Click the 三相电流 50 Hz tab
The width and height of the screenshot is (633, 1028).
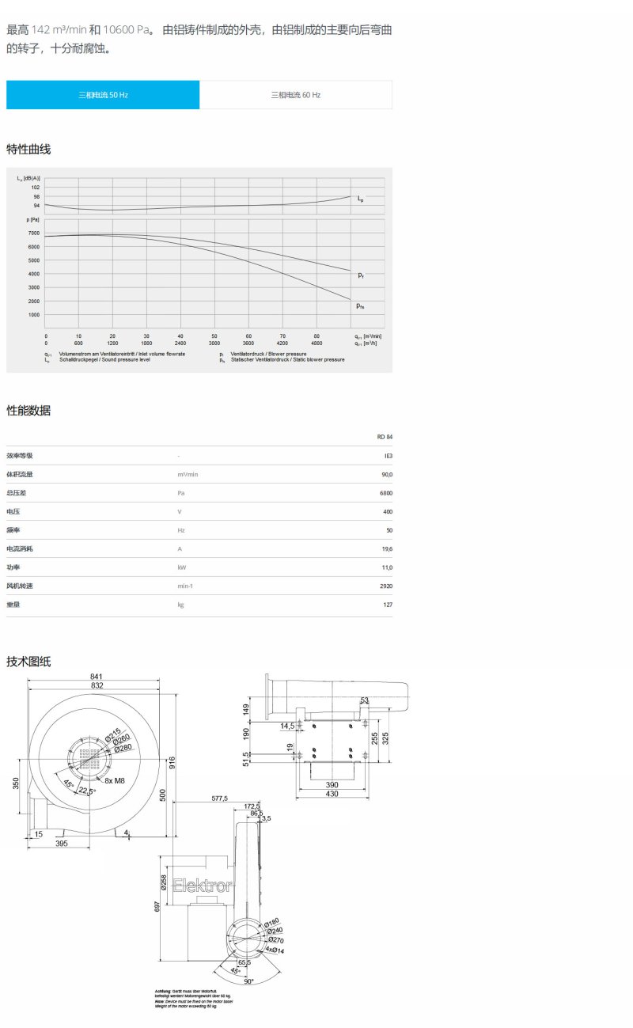coord(103,95)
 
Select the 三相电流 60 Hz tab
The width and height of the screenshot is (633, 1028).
coord(296,95)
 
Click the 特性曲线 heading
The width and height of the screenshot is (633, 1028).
coord(28,150)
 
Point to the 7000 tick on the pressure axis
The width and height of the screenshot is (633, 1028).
coord(33,233)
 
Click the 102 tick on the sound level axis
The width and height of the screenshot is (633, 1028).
coord(35,187)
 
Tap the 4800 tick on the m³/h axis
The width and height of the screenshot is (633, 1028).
coord(316,343)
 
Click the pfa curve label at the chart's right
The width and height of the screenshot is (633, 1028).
coord(360,305)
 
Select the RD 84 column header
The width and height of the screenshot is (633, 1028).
coord(385,437)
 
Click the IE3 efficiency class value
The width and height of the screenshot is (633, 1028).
coord(387,456)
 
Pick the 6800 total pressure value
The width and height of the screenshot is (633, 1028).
coord(385,493)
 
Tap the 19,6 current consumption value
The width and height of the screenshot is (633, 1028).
coord(386,548)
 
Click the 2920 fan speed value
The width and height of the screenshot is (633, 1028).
coord(385,586)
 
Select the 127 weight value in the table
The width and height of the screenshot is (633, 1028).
coord(387,605)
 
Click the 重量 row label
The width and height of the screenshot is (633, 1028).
coord(15,605)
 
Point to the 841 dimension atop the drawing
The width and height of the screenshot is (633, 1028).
coord(97,677)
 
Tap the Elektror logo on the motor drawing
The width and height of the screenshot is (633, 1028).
coord(202,886)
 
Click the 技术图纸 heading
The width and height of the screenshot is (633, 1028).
coord(28,662)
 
